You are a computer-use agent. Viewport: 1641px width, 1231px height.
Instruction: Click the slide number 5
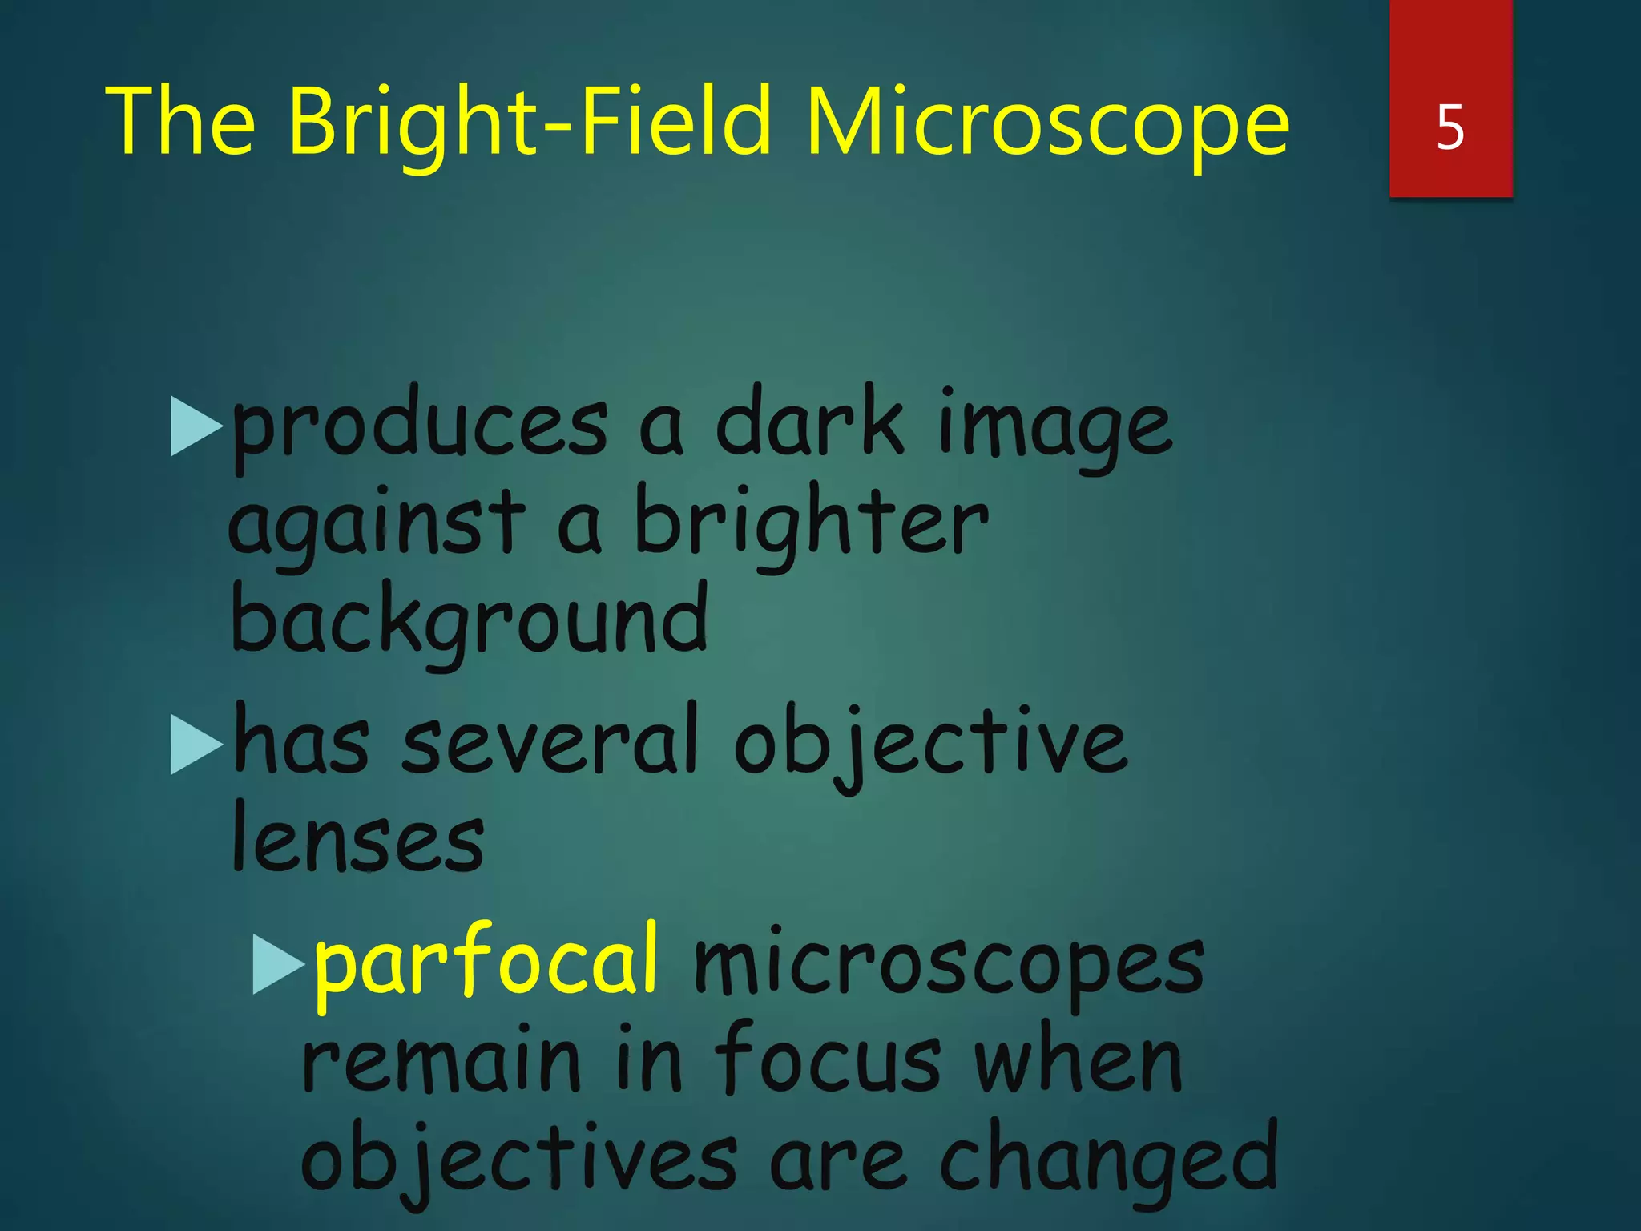tap(1450, 127)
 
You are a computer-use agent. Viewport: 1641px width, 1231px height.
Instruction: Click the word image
tap(1054, 429)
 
